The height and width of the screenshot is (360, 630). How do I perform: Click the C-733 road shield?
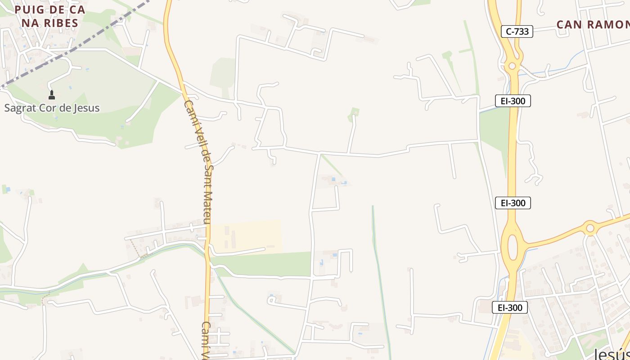pyautogui.click(x=517, y=31)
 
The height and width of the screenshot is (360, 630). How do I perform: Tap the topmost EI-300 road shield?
pyautogui.click(x=513, y=101)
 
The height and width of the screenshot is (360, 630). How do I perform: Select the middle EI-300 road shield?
pyautogui.click(x=513, y=203)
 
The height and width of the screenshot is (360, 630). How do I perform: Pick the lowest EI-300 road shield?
pyautogui.click(x=509, y=308)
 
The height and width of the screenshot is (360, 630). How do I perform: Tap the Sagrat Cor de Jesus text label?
pyautogui.click(x=52, y=108)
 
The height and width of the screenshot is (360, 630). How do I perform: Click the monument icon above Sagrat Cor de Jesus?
pyautogui.click(x=52, y=95)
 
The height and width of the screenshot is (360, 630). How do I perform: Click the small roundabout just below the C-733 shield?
pyautogui.click(x=512, y=66)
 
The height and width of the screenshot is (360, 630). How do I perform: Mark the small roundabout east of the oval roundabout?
pyautogui.click(x=590, y=228)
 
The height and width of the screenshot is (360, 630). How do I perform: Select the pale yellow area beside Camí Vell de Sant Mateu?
pyautogui.click(x=247, y=236)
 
